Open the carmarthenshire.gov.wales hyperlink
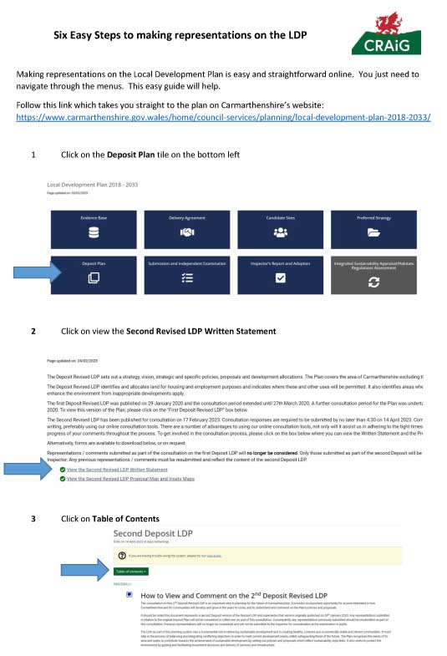224,116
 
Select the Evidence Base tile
93,227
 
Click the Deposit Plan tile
93,274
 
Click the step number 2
33,332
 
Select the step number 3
33,519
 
